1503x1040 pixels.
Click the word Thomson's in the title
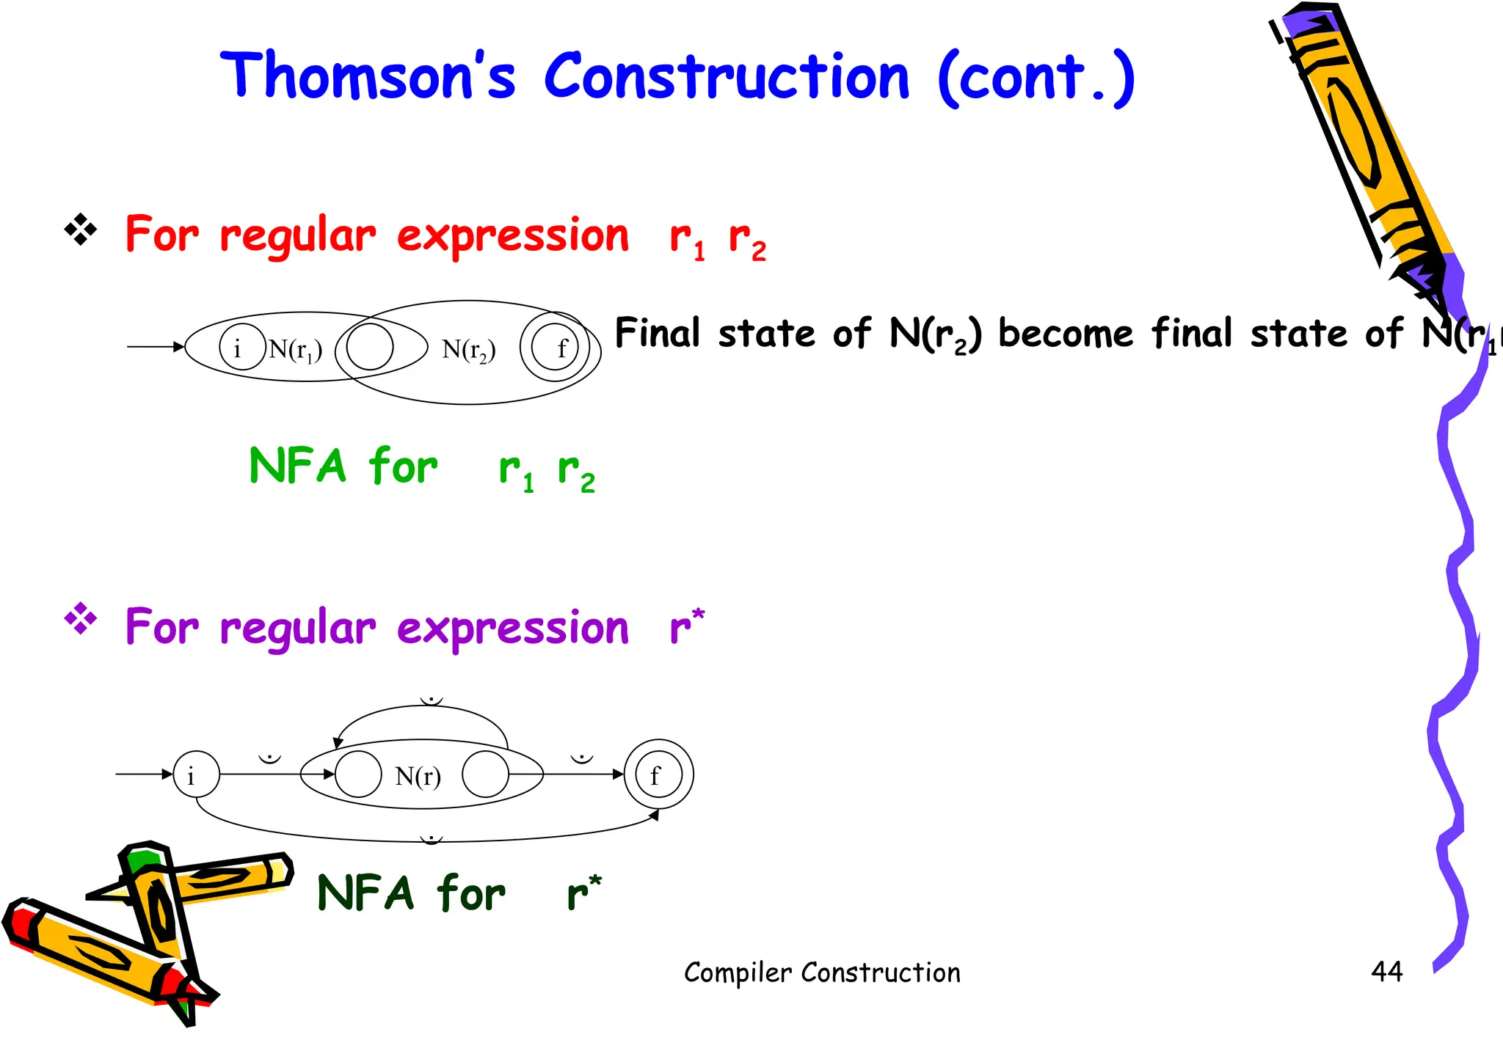click(367, 77)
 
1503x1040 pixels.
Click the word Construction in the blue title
click(727, 77)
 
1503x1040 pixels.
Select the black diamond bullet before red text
click(81, 231)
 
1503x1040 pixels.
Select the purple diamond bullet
click(81, 620)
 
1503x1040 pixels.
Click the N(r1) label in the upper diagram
click(295, 349)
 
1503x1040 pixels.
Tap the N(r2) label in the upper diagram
click(468, 350)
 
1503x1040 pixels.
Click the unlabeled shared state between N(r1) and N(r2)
click(370, 347)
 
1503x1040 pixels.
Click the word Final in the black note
click(657, 334)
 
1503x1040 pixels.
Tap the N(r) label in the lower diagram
click(418, 775)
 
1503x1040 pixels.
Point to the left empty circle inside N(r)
click(358, 774)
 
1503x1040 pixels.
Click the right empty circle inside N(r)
click(485, 774)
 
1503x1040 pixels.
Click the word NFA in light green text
click(297, 466)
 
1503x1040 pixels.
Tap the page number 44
click(1386, 972)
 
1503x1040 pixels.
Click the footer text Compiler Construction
click(822, 973)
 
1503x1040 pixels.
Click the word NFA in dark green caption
click(365, 893)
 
